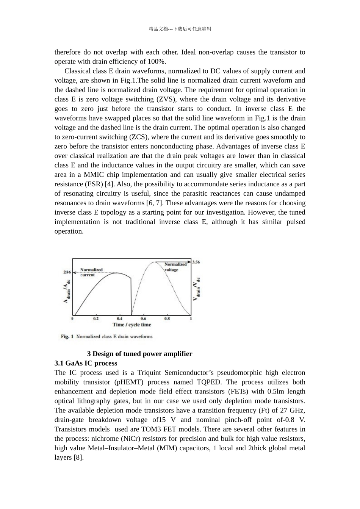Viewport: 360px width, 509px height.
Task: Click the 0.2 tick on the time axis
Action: [x=96, y=319]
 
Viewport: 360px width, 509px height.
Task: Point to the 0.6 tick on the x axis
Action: [x=143, y=319]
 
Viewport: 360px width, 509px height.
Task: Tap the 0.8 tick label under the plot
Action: [x=167, y=319]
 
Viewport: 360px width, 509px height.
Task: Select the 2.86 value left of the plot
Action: [x=67, y=272]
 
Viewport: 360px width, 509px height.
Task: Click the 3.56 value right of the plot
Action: [x=196, y=262]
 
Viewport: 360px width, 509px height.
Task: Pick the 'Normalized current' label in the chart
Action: [x=91, y=272]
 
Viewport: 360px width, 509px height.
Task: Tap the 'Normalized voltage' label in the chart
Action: [x=175, y=267]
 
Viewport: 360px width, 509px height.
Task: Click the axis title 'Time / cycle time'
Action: [x=131, y=325]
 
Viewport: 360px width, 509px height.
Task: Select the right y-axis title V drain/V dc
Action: [x=197, y=289]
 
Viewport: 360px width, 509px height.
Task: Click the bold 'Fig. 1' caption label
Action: [x=67, y=337]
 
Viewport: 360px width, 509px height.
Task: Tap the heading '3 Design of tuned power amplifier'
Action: [x=139, y=354]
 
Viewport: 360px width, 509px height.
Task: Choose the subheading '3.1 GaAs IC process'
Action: [x=86, y=363]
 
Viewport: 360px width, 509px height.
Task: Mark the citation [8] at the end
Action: [x=78, y=457]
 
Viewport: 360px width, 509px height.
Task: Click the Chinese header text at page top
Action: [x=180, y=29]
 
